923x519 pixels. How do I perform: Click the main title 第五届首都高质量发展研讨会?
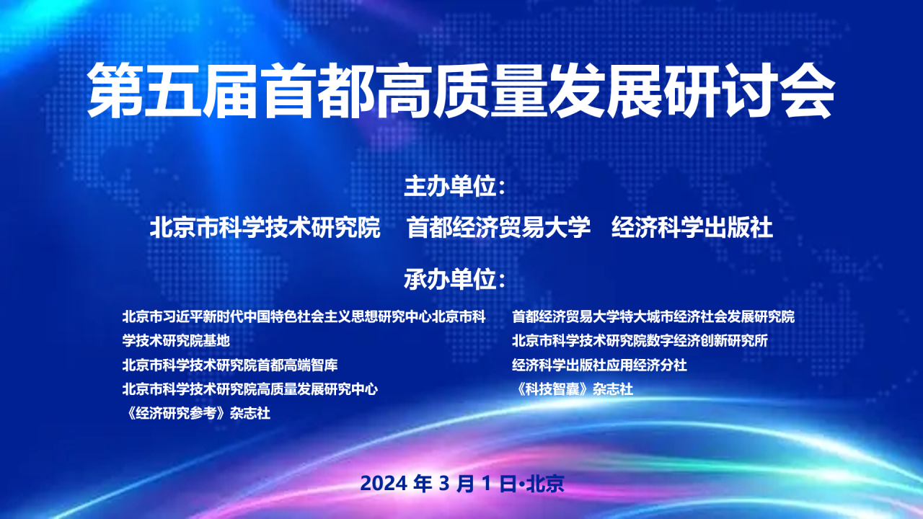[x=461, y=91]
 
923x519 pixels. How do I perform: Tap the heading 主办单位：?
[x=454, y=187]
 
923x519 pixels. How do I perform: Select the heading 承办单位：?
[x=454, y=280]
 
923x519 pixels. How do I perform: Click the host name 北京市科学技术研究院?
[x=265, y=228]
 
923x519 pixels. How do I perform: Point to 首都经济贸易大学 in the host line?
[x=498, y=228]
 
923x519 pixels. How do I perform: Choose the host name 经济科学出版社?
[x=692, y=228]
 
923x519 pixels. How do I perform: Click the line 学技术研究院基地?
[x=176, y=341]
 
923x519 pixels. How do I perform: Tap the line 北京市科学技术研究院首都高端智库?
[x=230, y=365]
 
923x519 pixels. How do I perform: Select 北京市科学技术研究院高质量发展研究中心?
[x=249, y=389]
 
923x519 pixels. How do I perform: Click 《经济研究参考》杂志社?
[x=197, y=413]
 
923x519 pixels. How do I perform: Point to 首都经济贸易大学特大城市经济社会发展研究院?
[x=653, y=316]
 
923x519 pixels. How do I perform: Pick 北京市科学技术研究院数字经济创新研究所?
[x=640, y=341]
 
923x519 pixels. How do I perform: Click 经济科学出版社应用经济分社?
[x=599, y=365]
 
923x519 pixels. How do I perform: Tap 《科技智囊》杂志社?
[x=573, y=389]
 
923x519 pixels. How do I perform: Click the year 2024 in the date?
[x=384, y=484]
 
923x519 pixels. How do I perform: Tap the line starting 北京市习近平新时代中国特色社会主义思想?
[x=304, y=316]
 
